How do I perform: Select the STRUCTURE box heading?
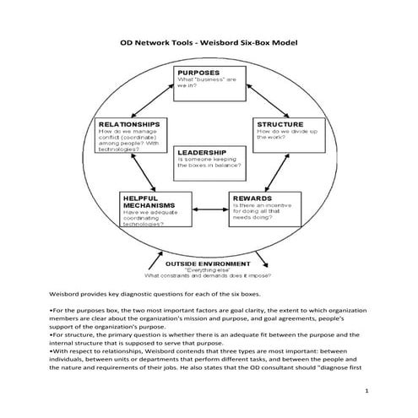280,123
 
